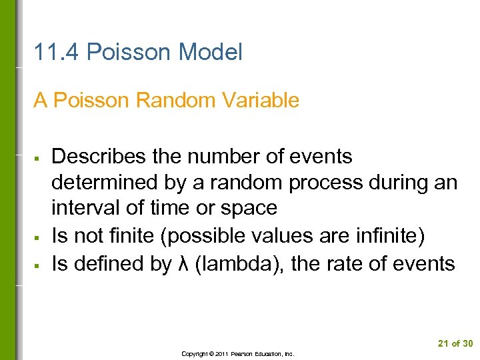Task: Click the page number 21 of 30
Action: tap(455, 343)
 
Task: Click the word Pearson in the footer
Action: tap(243, 354)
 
